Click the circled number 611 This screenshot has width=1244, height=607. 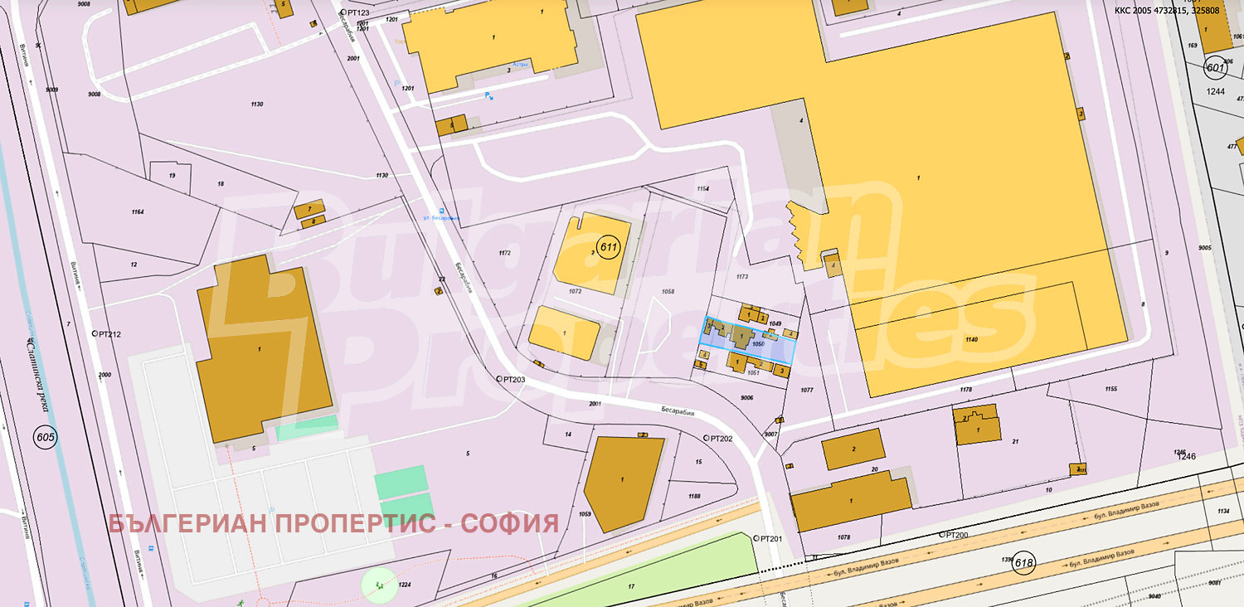tap(610, 247)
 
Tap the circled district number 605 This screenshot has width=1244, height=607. tap(45, 436)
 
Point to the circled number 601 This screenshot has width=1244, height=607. tap(1215, 67)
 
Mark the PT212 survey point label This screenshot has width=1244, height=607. tap(108, 335)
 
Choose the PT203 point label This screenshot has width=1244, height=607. tap(512, 379)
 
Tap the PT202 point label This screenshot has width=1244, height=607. tap(719, 438)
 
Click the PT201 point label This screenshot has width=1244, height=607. tap(769, 538)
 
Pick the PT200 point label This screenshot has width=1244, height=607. tap(953, 535)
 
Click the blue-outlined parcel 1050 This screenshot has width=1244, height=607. tap(746, 340)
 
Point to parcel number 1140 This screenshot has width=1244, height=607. tap(971, 340)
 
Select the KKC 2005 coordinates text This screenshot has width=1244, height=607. tap(1178, 11)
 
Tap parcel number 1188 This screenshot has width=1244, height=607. tap(694, 496)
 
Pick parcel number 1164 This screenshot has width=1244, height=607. tap(137, 212)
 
